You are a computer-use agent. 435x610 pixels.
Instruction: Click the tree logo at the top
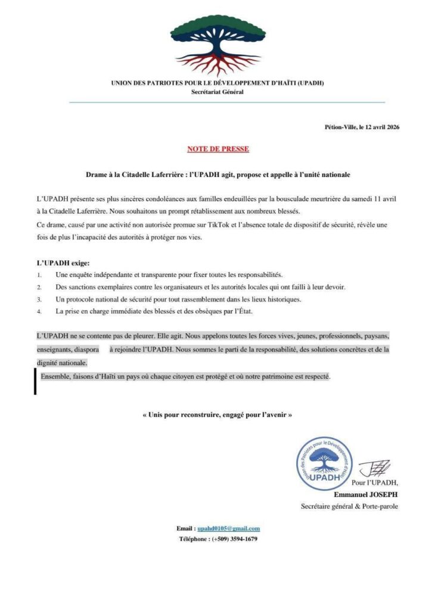point(218,45)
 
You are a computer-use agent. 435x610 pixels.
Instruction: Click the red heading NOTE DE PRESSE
point(218,148)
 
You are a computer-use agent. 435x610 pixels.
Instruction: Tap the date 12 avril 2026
point(379,126)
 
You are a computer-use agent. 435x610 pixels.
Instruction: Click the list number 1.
point(39,275)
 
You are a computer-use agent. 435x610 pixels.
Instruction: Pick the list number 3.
point(39,299)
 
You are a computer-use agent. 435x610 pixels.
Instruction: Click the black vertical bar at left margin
point(35,382)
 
